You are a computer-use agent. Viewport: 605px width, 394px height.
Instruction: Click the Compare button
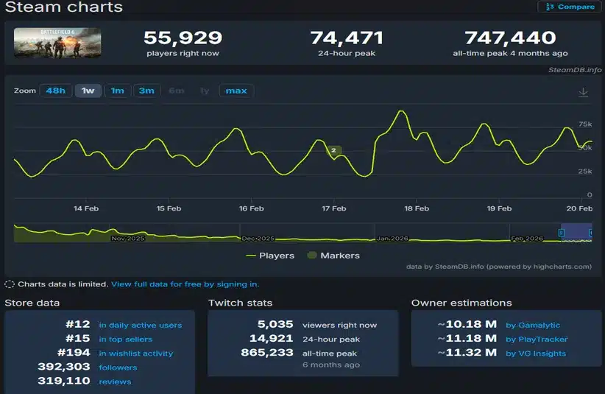(570, 7)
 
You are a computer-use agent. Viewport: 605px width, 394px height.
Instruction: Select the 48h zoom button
(55, 91)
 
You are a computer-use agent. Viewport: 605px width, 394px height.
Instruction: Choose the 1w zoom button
(88, 91)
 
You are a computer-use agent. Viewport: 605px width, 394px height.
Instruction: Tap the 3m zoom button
(146, 91)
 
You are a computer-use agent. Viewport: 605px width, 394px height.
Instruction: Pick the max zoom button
(236, 91)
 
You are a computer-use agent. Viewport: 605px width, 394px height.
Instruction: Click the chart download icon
(583, 92)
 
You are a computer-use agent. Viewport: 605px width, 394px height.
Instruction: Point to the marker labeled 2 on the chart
(333, 150)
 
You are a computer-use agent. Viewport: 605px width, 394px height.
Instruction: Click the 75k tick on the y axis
(586, 124)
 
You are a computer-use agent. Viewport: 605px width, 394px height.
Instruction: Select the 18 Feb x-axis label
(417, 208)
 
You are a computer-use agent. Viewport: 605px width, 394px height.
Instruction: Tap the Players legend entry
(270, 256)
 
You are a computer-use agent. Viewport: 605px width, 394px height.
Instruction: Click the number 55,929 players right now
(183, 38)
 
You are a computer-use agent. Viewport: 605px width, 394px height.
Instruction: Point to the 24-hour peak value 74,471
(344, 38)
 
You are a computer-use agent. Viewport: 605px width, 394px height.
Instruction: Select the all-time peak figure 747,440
(509, 38)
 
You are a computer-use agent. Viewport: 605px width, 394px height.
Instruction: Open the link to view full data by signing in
(185, 284)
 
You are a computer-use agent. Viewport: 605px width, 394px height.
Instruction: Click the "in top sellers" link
(125, 340)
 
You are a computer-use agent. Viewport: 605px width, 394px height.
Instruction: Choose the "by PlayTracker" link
(537, 340)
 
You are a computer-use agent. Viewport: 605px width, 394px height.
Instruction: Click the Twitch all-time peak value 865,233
(267, 353)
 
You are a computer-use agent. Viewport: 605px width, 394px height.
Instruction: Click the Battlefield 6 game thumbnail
(57, 43)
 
